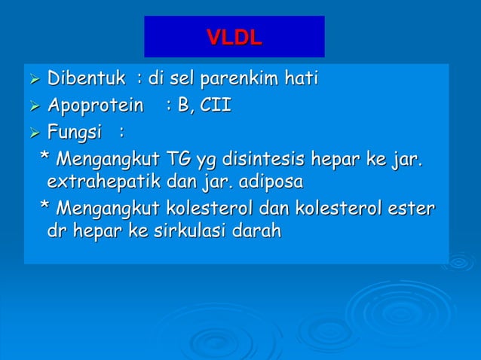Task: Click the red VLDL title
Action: point(234,37)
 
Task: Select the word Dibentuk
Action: point(86,78)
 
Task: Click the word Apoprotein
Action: point(95,105)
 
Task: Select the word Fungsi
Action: point(74,133)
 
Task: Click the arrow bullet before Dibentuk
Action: point(34,79)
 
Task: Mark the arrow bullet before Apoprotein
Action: point(34,106)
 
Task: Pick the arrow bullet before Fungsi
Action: point(34,134)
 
